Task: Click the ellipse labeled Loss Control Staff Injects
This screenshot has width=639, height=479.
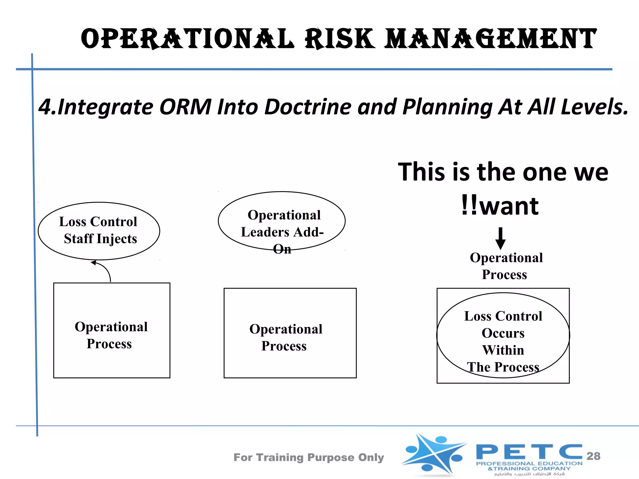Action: (x=99, y=231)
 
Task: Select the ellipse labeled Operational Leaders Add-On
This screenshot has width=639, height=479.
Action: (x=281, y=221)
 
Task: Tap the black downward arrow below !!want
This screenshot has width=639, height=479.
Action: (x=500, y=238)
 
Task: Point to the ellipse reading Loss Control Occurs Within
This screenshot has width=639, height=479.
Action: (x=503, y=335)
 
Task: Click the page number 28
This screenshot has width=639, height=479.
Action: (x=593, y=456)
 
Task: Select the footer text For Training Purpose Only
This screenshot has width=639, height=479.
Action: (x=309, y=457)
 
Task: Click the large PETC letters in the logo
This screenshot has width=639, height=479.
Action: (x=529, y=452)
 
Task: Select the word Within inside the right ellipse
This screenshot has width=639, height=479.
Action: (x=503, y=350)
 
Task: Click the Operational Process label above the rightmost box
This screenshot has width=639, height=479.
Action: (x=505, y=266)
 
